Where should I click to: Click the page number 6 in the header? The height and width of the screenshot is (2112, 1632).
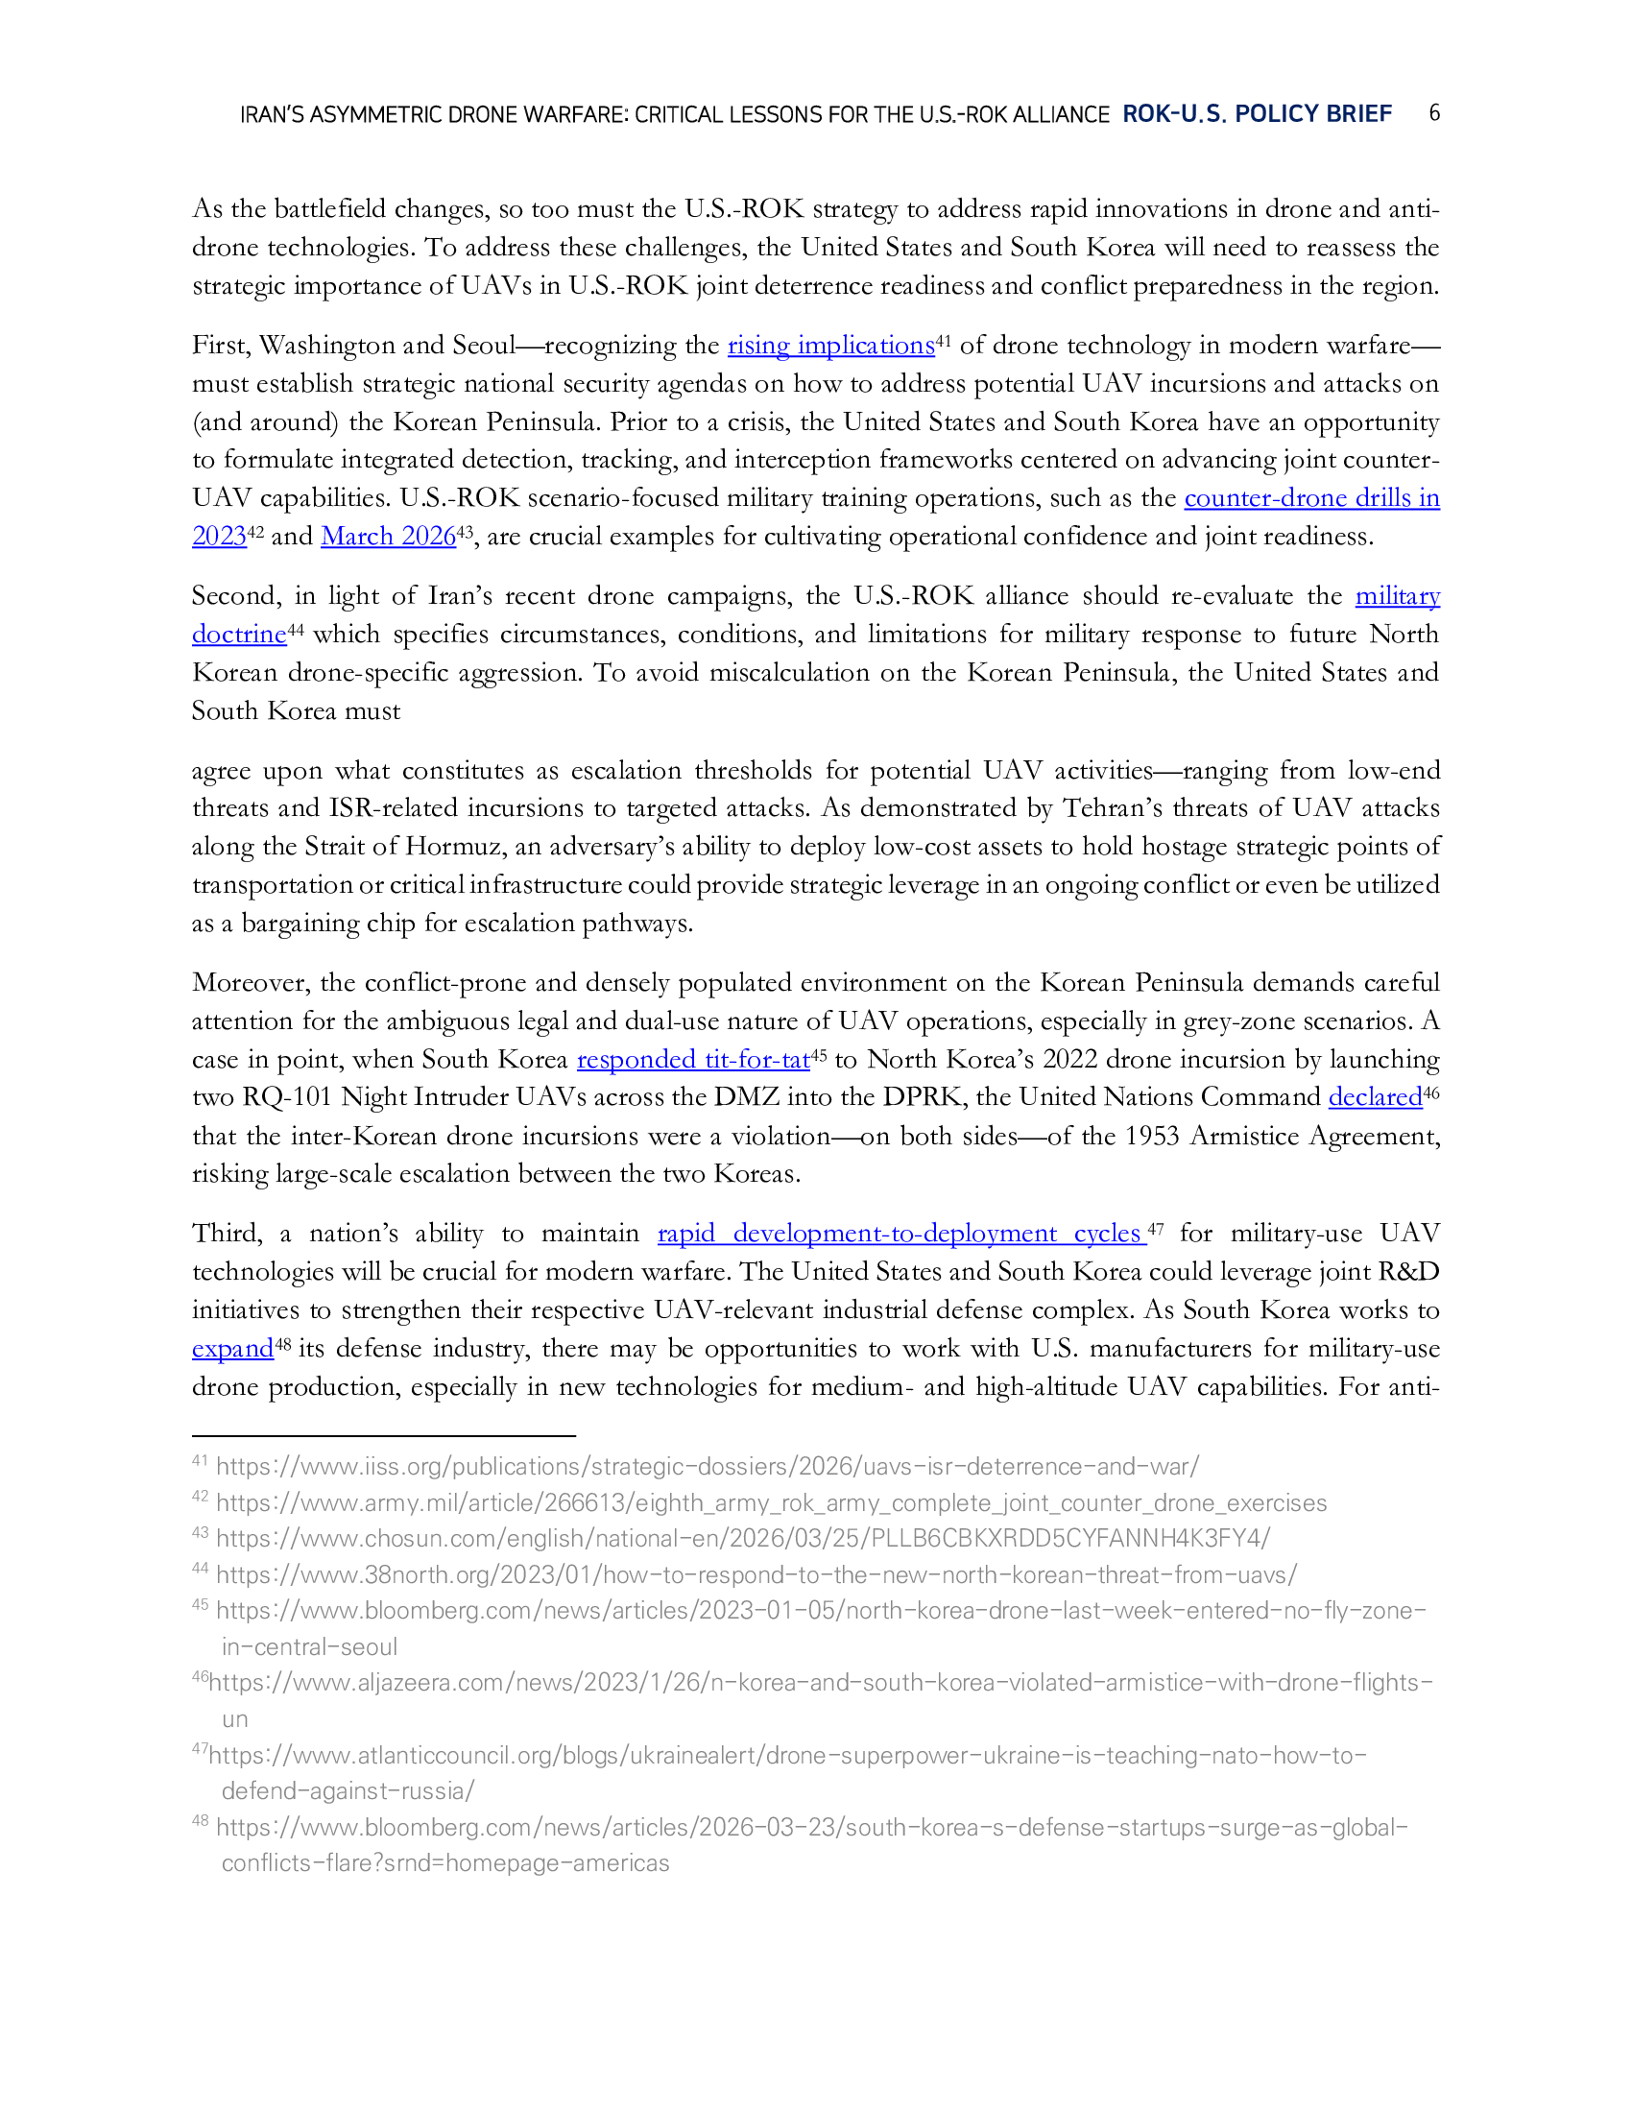click(1434, 113)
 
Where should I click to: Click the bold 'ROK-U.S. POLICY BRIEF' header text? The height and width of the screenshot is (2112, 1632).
click(1256, 114)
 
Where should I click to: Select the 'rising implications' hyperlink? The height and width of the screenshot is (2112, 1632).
click(830, 346)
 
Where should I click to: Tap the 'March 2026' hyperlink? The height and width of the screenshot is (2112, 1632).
click(388, 537)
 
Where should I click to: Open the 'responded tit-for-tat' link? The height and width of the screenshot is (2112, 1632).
click(692, 1060)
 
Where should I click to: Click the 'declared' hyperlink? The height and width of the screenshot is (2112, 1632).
click(1374, 1097)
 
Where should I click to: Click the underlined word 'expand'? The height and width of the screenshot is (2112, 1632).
click(233, 1349)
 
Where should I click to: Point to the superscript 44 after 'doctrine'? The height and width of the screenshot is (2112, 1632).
click(296, 630)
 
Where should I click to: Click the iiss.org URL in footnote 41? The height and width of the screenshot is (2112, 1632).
click(707, 1467)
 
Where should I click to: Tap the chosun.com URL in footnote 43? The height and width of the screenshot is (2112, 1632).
click(742, 1539)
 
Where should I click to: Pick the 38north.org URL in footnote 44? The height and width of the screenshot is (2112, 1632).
click(756, 1575)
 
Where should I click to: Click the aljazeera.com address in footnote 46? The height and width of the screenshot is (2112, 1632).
click(820, 1683)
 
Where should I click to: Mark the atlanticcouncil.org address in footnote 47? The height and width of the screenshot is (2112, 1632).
click(787, 1755)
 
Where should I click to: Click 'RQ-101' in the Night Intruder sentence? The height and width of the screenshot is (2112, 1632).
click(289, 1097)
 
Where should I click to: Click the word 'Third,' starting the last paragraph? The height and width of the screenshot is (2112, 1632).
click(228, 1234)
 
